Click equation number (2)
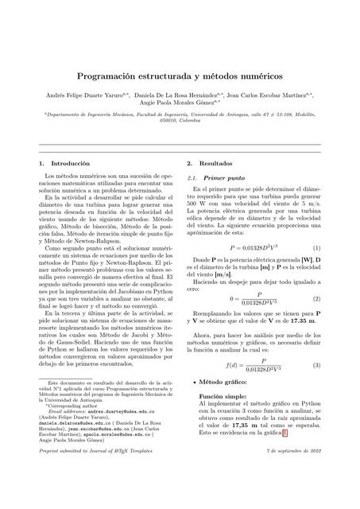[316, 299]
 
